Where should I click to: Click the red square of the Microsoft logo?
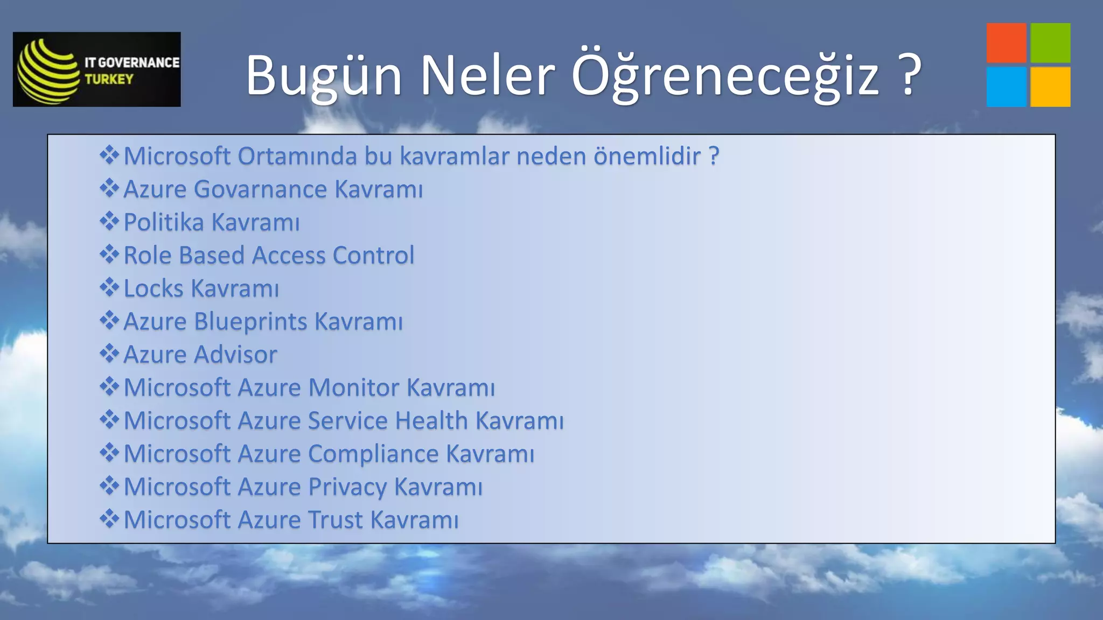click(x=1006, y=43)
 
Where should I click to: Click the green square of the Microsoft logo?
click(x=1050, y=43)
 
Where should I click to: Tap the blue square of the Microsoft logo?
click(x=1006, y=87)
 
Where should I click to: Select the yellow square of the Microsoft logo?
click(x=1050, y=87)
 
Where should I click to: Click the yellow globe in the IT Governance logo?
click(x=47, y=70)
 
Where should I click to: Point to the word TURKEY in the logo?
click(x=109, y=79)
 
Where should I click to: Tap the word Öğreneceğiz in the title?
click(x=725, y=75)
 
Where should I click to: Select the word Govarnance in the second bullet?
click(x=260, y=189)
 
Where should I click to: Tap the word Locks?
click(x=153, y=288)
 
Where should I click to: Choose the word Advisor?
click(x=235, y=355)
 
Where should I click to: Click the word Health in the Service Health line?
click(x=431, y=421)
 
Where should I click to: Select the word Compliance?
click(x=373, y=454)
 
